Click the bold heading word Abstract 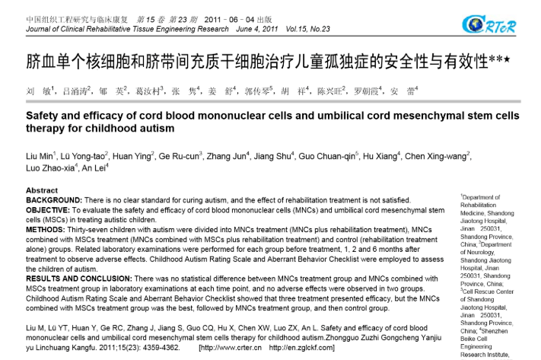(x=42, y=190)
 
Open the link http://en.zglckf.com (x=300, y=347)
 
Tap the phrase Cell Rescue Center (x=487, y=292)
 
